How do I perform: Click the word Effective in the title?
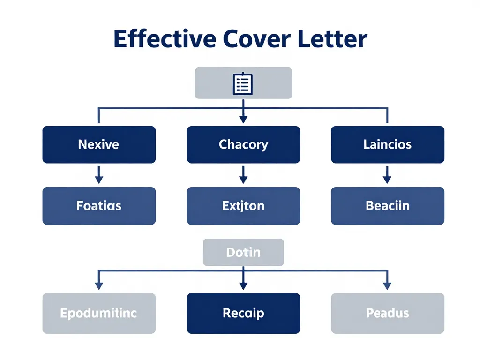[x=164, y=39]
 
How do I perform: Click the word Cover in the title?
[x=248, y=39]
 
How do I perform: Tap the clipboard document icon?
[x=243, y=83]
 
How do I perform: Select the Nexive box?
[x=98, y=144]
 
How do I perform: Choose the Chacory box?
[x=243, y=144]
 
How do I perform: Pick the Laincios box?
[x=387, y=144]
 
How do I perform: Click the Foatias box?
[x=98, y=205]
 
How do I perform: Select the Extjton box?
[x=243, y=205]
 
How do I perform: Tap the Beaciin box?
[x=387, y=205]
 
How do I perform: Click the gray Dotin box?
[x=243, y=252]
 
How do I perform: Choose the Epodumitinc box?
[x=98, y=313]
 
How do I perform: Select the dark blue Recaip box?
[x=243, y=313]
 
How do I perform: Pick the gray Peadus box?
[x=387, y=313]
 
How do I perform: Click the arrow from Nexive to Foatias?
[x=98, y=175]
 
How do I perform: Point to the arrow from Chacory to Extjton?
[x=243, y=175]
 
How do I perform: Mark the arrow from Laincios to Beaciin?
[x=387, y=175]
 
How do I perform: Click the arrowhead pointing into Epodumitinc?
[x=98, y=285]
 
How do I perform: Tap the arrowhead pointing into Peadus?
[x=387, y=285]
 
